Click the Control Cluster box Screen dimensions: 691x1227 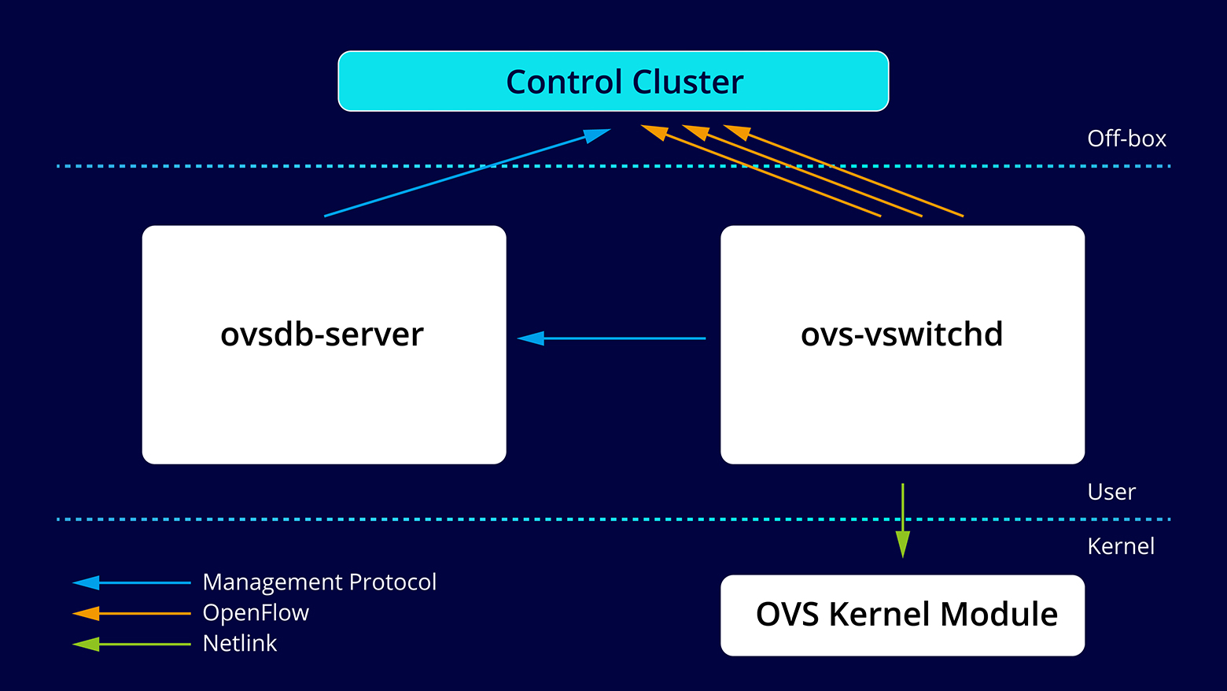coord(613,81)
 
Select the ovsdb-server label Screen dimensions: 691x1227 coord(322,334)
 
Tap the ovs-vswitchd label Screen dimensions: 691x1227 coord(901,334)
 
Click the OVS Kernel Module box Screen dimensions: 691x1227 coord(902,615)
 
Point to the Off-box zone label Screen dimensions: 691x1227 coord(1126,139)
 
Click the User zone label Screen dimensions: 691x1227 coord(1111,492)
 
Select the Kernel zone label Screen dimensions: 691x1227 coord(1120,546)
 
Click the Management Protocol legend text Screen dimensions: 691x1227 coord(319,582)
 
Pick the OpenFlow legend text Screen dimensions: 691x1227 coord(256,613)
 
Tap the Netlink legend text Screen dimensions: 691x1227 coord(240,644)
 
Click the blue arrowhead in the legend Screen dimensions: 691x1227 coord(87,583)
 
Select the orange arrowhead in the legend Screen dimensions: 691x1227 coord(87,613)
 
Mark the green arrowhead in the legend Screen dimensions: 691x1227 coord(87,644)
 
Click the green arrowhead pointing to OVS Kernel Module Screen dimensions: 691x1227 coord(902,544)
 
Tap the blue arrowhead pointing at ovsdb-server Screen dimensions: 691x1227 coord(531,338)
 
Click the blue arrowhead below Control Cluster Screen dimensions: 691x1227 coord(597,135)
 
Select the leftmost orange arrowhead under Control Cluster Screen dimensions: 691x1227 coord(654,131)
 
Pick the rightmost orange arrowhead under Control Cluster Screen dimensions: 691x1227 coord(736,131)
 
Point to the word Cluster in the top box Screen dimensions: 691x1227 coord(687,82)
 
